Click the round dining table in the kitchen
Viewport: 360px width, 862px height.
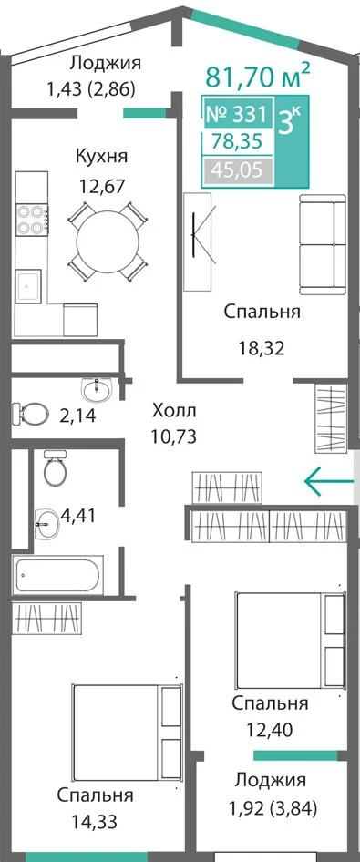pyautogui.click(x=108, y=241)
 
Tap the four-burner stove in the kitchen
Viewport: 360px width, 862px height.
pyautogui.click(x=31, y=220)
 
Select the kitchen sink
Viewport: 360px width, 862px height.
pyautogui.click(x=27, y=286)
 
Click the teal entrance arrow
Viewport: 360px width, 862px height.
pyautogui.click(x=329, y=481)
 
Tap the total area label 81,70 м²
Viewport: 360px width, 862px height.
pyautogui.click(x=254, y=77)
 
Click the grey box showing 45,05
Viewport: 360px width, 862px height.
pyautogui.click(x=237, y=170)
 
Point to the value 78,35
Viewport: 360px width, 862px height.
pyautogui.click(x=239, y=141)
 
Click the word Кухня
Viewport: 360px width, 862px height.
pyautogui.click(x=102, y=156)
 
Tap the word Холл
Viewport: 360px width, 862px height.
pyautogui.click(x=174, y=410)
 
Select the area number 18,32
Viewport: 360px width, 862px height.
pyautogui.click(x=261, y=347)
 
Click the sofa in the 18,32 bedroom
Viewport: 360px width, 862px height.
pyautogui.click(x=322, y=244)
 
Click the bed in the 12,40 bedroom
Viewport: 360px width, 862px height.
pyautogui.click(x=290, y=640)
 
